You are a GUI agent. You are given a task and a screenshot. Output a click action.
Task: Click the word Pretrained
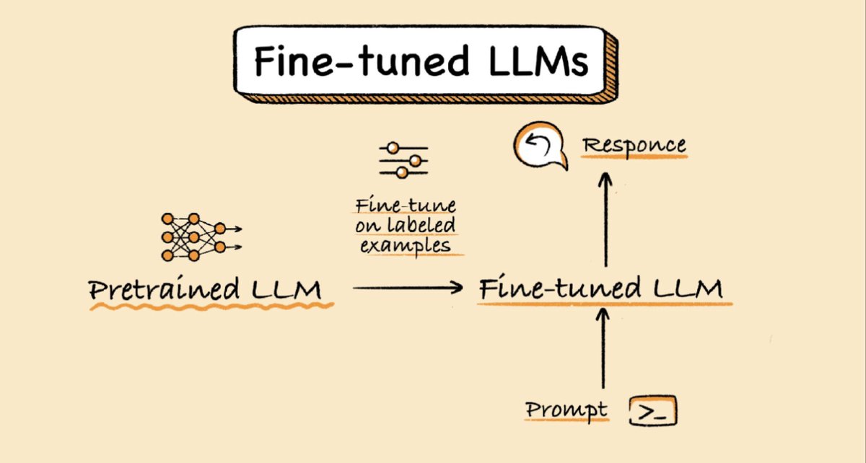point(164,290)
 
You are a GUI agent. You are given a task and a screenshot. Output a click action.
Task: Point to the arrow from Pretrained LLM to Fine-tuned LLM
point(407,288)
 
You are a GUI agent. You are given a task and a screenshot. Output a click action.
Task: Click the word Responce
point(634,145)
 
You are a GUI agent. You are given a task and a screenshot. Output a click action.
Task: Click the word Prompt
point(566,410)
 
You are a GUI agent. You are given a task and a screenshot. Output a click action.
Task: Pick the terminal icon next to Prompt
point(653,411)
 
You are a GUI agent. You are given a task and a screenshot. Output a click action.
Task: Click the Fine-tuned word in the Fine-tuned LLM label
point(559,289)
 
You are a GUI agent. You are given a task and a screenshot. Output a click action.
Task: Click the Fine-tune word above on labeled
point(405,206)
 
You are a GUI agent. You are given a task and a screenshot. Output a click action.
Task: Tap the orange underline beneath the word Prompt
point(566,420)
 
